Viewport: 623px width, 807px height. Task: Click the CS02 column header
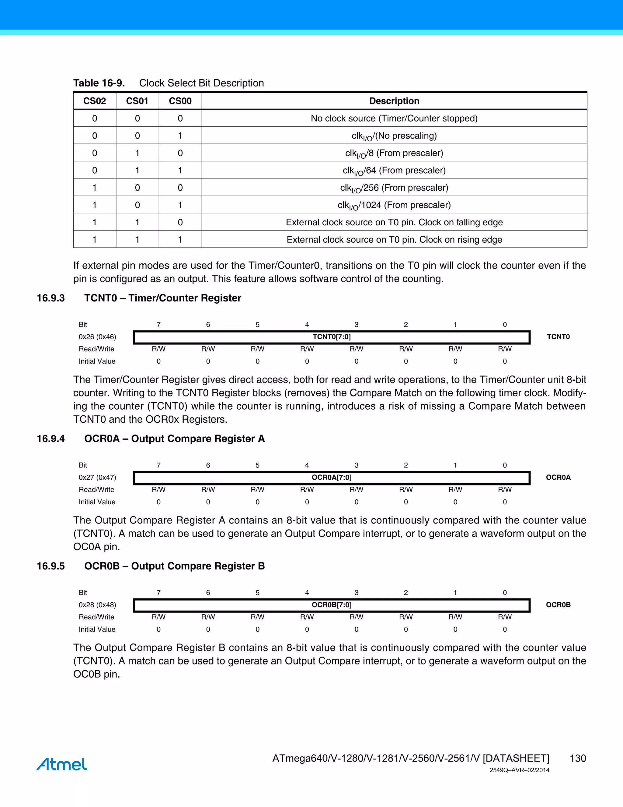tap(95, 101)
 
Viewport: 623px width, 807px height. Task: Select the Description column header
tap(394, 101)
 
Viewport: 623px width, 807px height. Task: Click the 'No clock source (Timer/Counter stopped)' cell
tap(394, 118)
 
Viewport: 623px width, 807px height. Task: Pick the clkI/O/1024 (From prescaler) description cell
tap(394, 205)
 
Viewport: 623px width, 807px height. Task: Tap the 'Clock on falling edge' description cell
tap(394, 222)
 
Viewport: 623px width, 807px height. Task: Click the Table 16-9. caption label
tap(99, 83)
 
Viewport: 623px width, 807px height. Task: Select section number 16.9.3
tap(50, 298)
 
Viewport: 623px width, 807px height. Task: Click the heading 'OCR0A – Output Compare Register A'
tap(174, 439)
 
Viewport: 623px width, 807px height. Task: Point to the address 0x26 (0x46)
tap(97, 337)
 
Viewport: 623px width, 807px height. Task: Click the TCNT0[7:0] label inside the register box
tap(332, 337)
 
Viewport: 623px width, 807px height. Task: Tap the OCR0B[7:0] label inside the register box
tap(332, 605)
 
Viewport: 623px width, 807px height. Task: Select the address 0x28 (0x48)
tap(97, 605)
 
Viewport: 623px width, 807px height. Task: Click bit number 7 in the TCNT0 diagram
tap(159, 324)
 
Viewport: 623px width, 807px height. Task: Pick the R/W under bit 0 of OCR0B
tap(505, 617)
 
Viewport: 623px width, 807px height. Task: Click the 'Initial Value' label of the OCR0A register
tap(97, 502)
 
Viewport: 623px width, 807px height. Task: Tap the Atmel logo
tap(62, 764)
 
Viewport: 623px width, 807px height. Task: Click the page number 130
tap(578, 759)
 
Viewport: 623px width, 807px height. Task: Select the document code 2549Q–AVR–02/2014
tap(519, 770)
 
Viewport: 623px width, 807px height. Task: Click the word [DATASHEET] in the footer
tap(516, 759)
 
